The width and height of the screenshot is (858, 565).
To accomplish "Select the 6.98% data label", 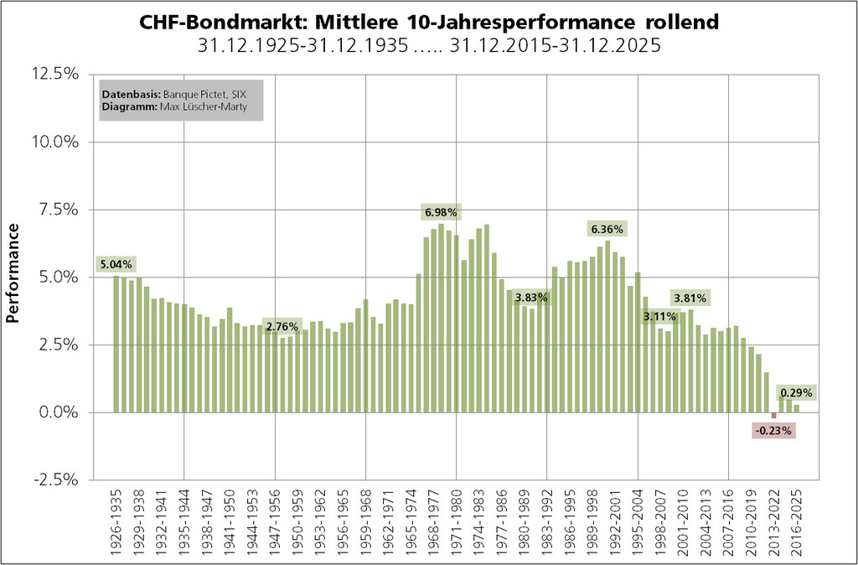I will pos(441,211).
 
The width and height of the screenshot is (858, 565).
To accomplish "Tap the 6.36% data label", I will pos(607,229).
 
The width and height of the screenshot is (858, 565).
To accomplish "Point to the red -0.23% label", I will pos(773,431).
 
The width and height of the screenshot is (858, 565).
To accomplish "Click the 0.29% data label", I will pos(795,392).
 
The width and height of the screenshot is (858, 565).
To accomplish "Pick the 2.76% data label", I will pos(282,326).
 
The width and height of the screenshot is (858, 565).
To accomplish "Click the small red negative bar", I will pos(773,415).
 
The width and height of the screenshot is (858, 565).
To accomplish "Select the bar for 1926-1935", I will pos(116,344).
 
